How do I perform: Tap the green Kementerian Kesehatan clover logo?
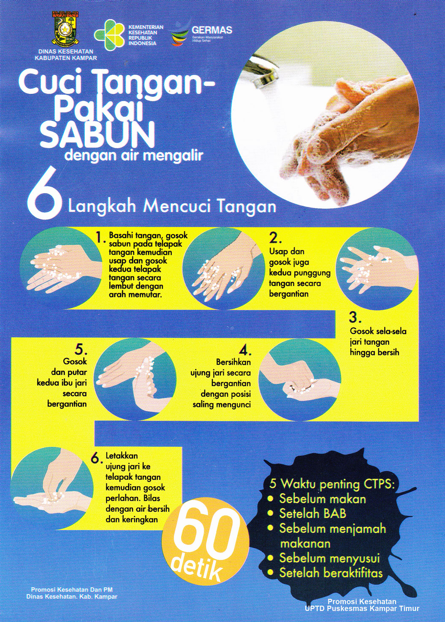coord(109,34)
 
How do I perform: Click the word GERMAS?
coord(212,30)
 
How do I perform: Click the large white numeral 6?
coord(44,194)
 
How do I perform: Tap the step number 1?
coord(100,237)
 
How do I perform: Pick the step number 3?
coord(355,317)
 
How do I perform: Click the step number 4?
coord(245,350)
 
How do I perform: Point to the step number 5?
coord(81,349)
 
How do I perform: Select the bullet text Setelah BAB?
coord(312,513)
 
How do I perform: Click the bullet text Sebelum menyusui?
coord(329,558)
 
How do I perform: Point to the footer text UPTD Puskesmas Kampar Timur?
coord(362,608)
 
